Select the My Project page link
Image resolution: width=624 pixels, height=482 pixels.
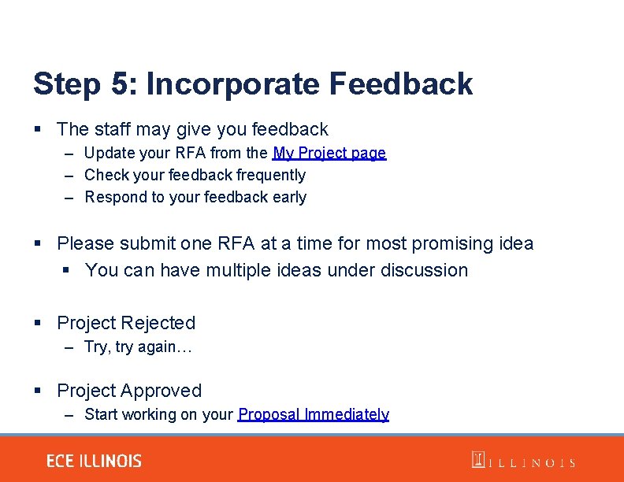(329, 153)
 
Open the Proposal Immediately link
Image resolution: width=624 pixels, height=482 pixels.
(314, 414)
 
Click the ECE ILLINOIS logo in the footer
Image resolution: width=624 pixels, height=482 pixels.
(94, 462)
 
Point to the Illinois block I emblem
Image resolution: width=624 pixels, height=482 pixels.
(477, 460)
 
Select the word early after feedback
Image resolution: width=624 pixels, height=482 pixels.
(289, 197)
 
